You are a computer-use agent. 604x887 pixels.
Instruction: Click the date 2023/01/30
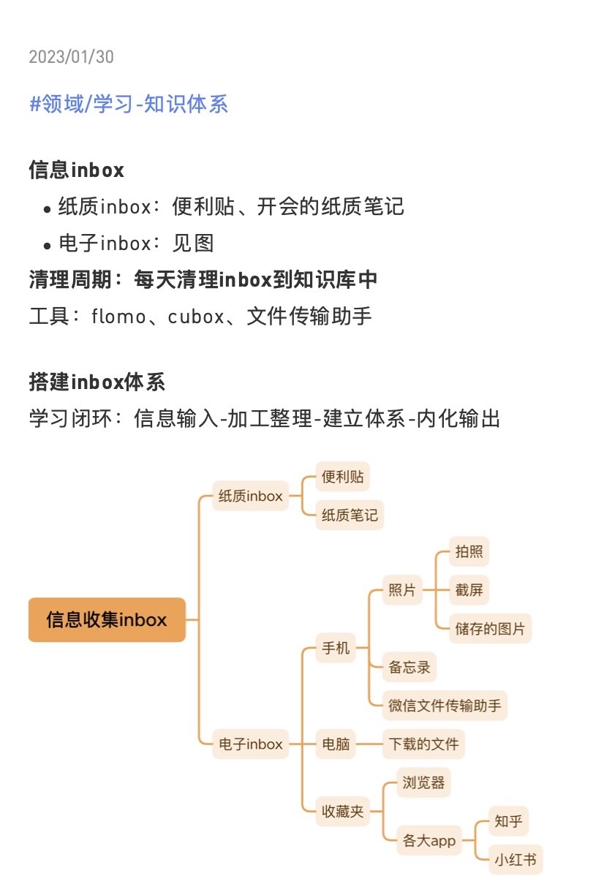pyautogui.click(x=72, y=57)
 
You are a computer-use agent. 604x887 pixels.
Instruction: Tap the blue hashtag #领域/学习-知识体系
pyautogui.click(x=129, y=104)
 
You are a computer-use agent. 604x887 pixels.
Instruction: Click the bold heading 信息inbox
pyautogui.click(x=77, y=170)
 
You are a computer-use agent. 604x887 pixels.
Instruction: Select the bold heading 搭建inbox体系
pyautogui.click(x=97, y=382)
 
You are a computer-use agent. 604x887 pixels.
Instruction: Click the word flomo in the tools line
pyautogui.click(x=118, y=317)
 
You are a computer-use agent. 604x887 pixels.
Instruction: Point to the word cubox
pyautogui.click(x=196, y=317)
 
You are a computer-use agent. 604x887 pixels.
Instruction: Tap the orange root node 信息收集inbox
pyautogui.click(x=107, y=620)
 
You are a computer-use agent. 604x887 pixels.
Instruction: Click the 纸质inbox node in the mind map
pyautogui.click(x=250, y=496)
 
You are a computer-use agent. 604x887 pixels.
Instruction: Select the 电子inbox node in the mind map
pyautogui.click(x=250, y=744)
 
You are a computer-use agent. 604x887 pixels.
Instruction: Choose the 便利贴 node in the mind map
pyautogui.click(x=342, y=478)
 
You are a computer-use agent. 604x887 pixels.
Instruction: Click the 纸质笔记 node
pyautogui.click(x=350, y=516)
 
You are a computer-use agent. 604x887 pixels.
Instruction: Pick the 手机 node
pyautogui.click(x=336, y=648)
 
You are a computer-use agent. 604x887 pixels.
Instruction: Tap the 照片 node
pyautogui.click(x=402, y=589)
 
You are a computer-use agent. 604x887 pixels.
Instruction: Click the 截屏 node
pyautogui.click(x=469, y=589)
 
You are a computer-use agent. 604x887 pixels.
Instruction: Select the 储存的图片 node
pyautogui.click(x=490, y=628)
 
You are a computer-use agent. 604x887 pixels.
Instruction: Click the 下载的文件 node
pyautogui.click(x=423, y=744)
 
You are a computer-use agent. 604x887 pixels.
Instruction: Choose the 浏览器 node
pyautogui.click(x=423, y=782)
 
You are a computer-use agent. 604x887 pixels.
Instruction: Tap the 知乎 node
pyautogui.click(x=508, y=821)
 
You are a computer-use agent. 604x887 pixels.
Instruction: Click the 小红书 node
pyautogui.click(x=516, y=859)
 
